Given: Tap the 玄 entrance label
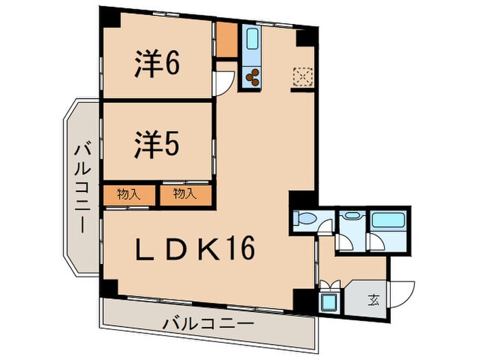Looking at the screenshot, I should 374,299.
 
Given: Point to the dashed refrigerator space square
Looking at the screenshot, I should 302,77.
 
